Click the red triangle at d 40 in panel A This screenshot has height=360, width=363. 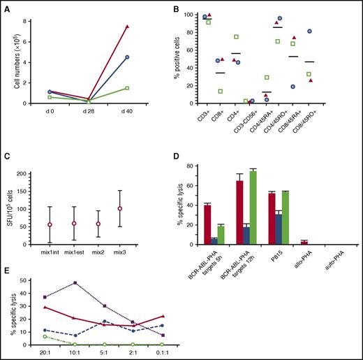[127, 26]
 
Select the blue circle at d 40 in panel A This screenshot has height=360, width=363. [127, 57]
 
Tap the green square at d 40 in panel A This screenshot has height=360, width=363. [127, 88]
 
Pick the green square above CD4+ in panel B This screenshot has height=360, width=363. [237, 36]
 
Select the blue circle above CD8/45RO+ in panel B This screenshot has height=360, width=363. [328, 31]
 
